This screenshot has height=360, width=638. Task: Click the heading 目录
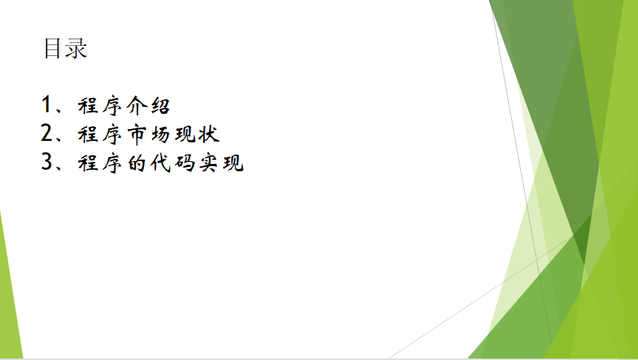65,49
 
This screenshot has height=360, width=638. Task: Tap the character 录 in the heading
76,49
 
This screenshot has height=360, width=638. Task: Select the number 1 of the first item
46,104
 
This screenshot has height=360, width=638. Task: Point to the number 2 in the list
46,133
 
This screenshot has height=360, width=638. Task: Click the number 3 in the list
46,162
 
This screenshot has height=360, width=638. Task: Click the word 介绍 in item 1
148,106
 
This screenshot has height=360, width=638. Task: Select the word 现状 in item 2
197,135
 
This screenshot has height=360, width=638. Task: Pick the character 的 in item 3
136,163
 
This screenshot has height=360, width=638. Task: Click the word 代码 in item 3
172,163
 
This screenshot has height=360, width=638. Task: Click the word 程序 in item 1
99,106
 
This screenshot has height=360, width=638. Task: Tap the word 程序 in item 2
99,135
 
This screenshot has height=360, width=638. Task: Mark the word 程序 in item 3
99,163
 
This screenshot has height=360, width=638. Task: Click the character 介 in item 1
136,106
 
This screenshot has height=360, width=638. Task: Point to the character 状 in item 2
209,135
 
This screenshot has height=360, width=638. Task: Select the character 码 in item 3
184,163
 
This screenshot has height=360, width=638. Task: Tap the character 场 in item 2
160,135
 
